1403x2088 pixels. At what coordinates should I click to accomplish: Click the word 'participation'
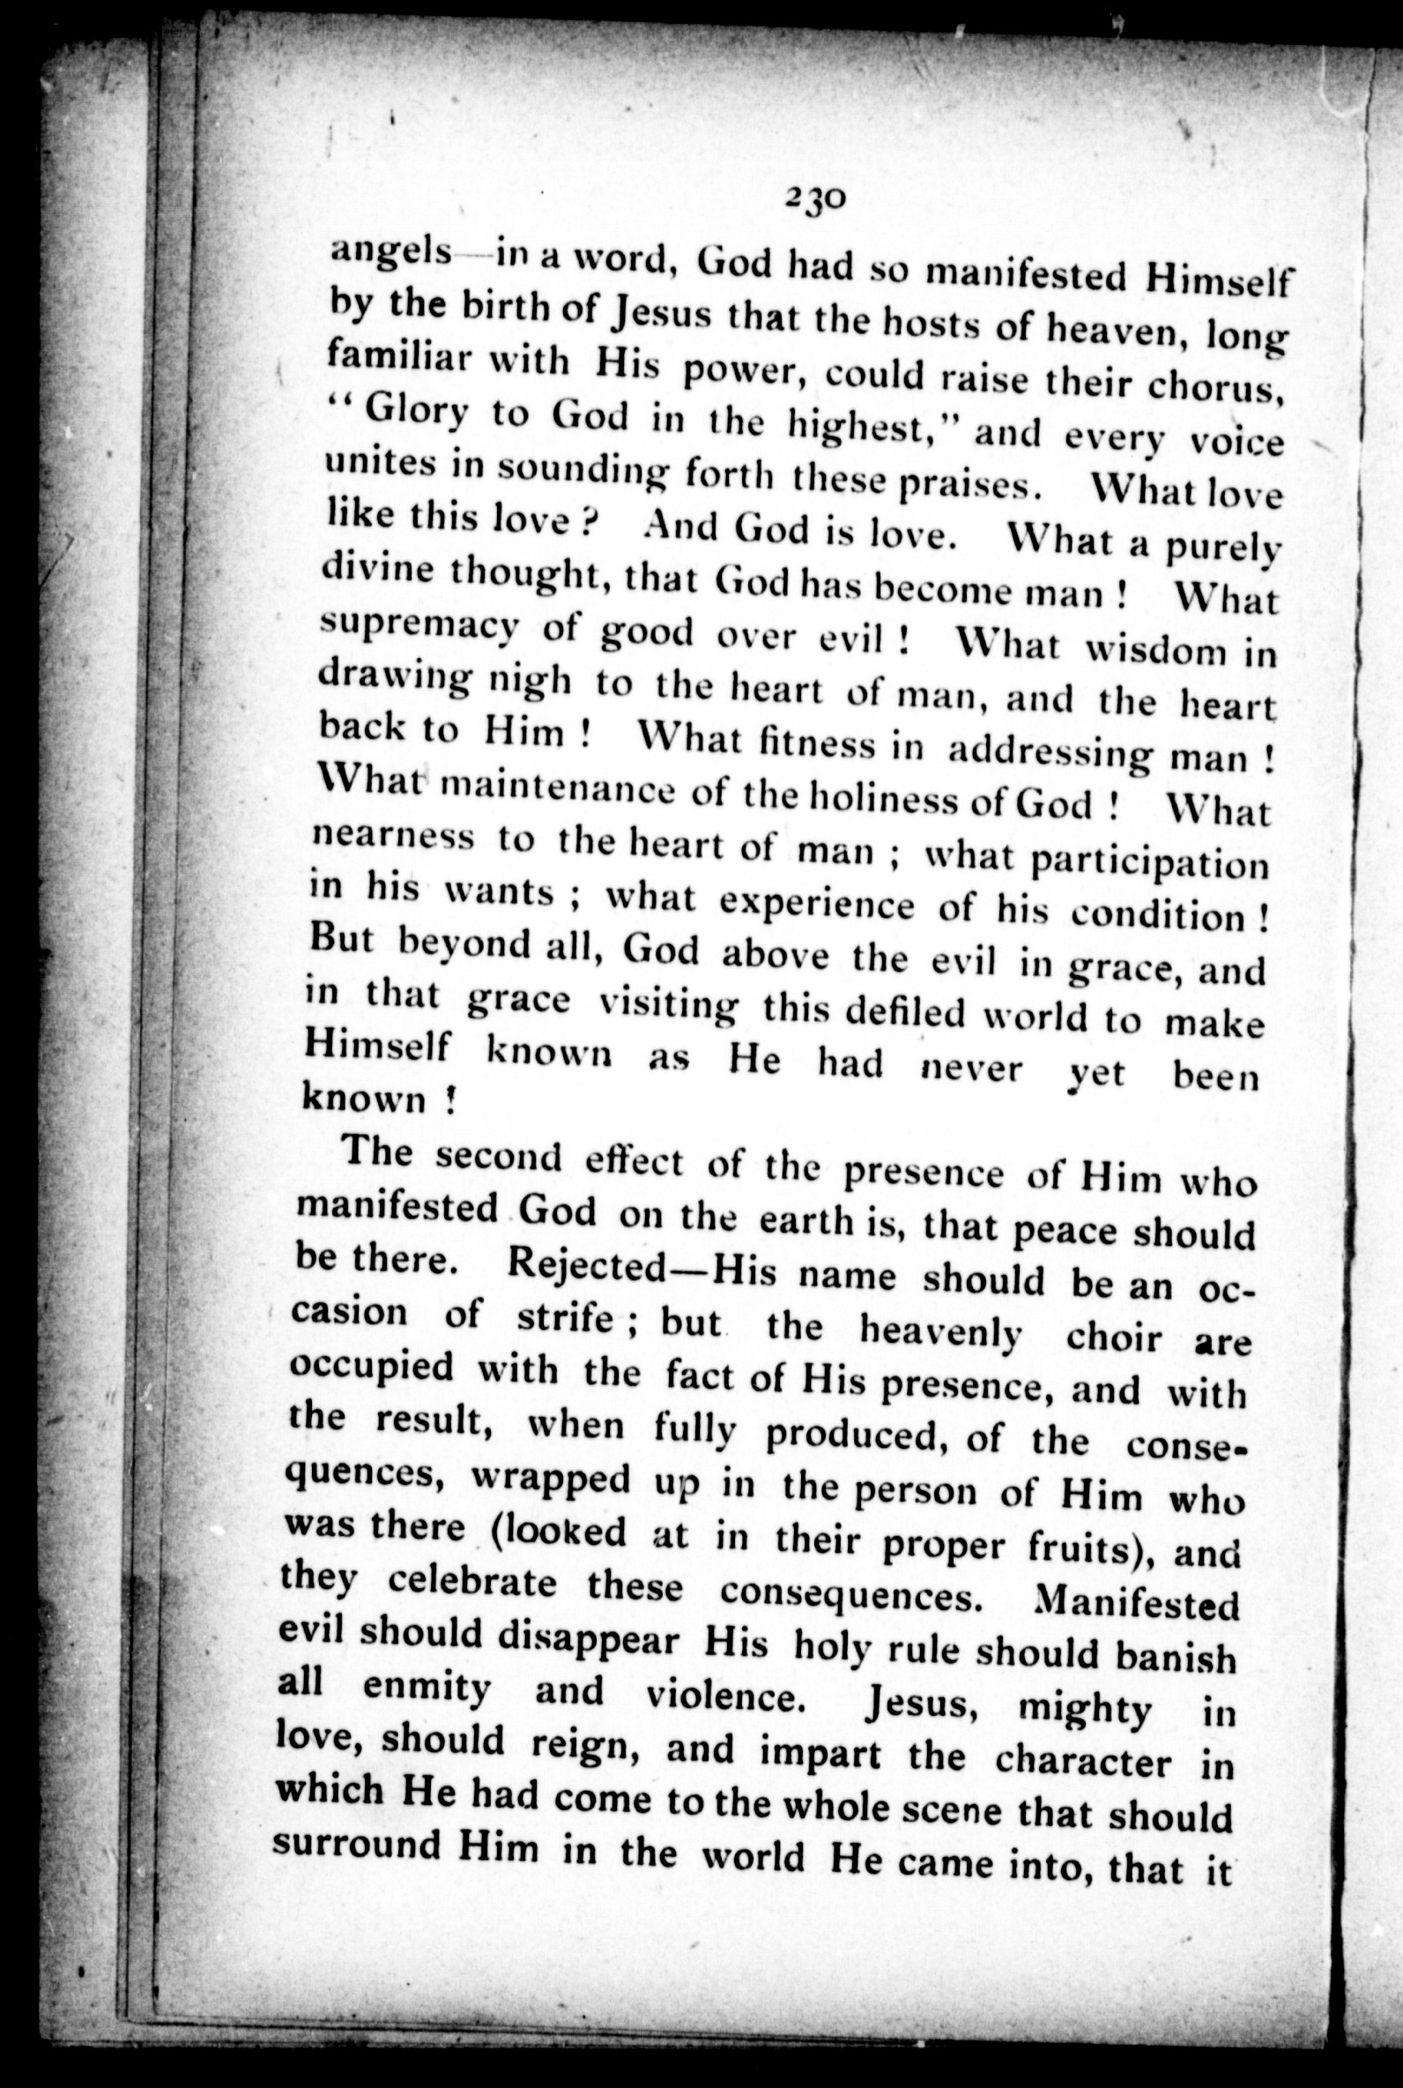click(x=1150, y=863)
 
